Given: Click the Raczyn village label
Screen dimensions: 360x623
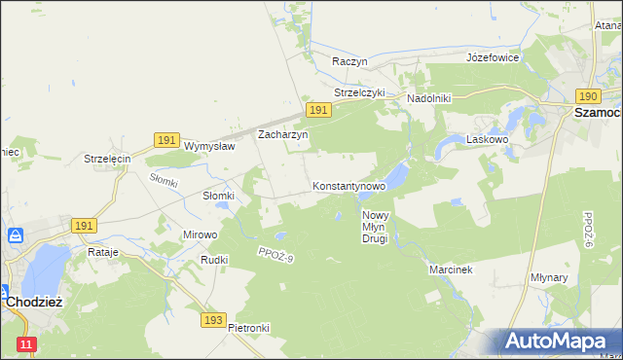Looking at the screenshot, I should click(349, 61).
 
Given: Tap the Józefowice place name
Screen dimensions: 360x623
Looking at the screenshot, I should click(493, 57).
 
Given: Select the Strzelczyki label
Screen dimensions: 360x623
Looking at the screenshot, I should click(360, 93).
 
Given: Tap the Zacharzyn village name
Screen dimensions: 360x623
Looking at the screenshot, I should click(282, 135).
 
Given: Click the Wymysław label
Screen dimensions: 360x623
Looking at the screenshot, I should click(210, 147).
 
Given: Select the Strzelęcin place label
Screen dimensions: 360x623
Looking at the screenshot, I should click(107, 159).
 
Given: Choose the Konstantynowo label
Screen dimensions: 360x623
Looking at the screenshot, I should click(349, 185).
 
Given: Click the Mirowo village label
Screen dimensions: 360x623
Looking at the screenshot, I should click(201, 235).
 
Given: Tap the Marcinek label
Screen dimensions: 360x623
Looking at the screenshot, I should click(450, 270).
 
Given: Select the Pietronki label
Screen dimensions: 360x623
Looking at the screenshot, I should click(248, 328).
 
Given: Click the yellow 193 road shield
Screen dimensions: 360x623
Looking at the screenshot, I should click(215, 319).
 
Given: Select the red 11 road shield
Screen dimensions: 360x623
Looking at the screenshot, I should click(26, 344).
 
